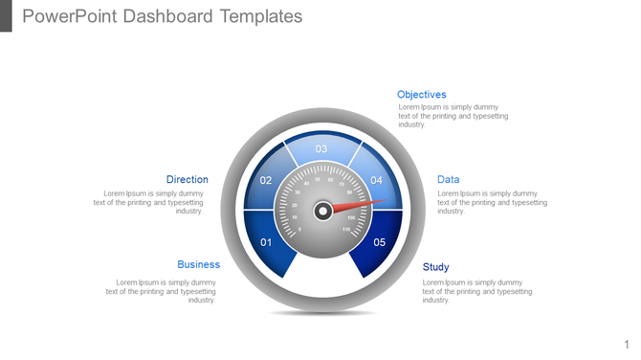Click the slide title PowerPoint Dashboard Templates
(162, 16)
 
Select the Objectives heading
(421, 95)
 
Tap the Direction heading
(187, 179)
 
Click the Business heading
(198, 264)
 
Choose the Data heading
(448, 179)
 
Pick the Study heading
(435, 267)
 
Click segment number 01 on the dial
(266, 242)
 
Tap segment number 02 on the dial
(266, 181)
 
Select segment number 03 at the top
(321, 148)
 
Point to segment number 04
(377, 181)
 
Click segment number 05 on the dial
(379, 242)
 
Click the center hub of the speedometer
(323, 210)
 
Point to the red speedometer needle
(364, 203)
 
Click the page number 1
(627, 344)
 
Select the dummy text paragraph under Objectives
(453, 116)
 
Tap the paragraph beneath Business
(162, 291)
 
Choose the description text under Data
(492, 202)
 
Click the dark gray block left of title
(6, 15)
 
